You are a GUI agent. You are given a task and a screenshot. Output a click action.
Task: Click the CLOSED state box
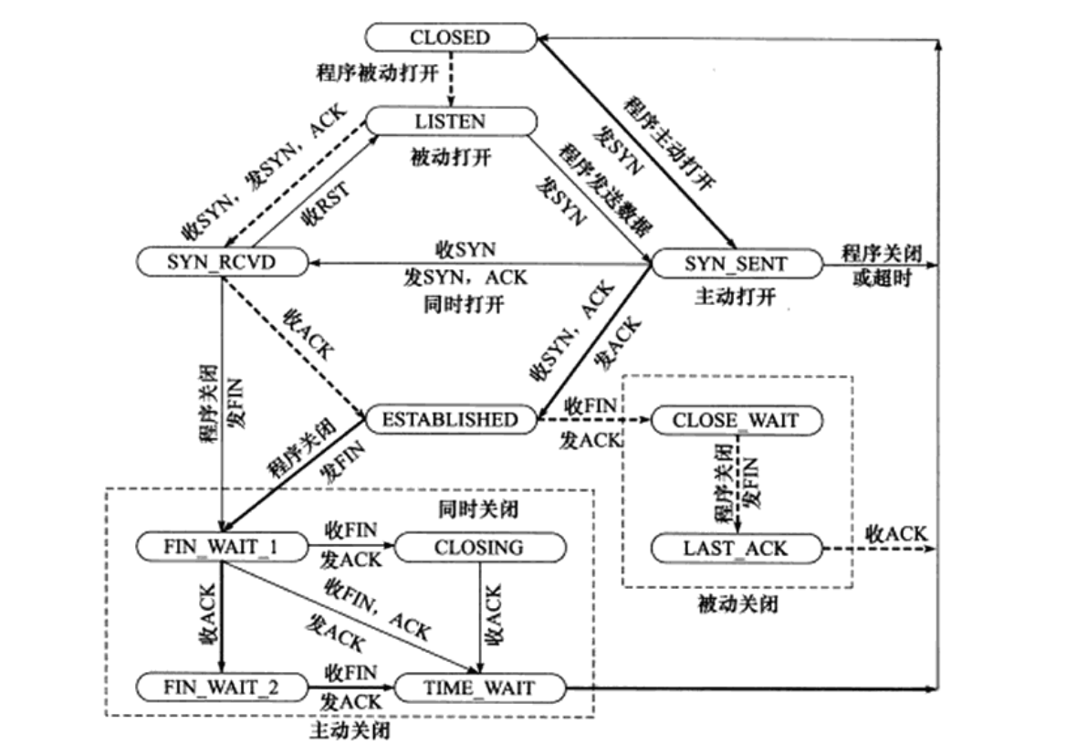[x=449, y=37]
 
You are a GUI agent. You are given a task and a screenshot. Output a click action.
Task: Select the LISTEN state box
[x=450, y=121]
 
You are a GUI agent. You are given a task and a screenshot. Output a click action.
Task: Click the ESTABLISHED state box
[x=449, y=420]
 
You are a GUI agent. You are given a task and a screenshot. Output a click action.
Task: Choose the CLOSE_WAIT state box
[x=735, y=420]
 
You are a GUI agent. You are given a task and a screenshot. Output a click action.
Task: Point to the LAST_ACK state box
[x=735, y=548]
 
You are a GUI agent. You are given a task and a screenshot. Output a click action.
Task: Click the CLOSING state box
[x=479, y=547]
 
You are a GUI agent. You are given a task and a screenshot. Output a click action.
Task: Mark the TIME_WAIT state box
[x=479, y=687]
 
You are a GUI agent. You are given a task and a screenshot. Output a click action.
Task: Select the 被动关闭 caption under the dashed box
[x=736, y=603]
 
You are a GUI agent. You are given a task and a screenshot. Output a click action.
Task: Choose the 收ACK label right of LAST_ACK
[x=896, y=534]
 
